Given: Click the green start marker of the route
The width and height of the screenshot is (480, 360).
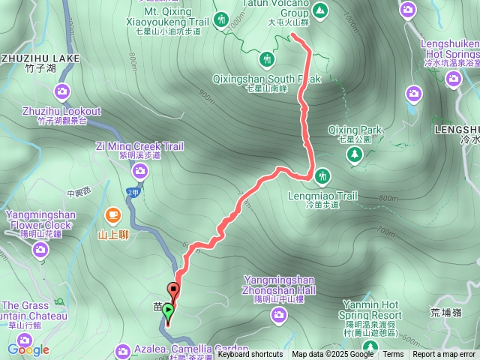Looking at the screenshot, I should [x=167, y=309].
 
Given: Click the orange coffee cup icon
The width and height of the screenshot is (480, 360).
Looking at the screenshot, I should [x=112, y=216].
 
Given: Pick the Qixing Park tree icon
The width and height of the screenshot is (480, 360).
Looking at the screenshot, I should [x=354, y=154].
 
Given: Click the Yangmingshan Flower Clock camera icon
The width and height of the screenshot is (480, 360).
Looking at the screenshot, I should [x=40, y=249].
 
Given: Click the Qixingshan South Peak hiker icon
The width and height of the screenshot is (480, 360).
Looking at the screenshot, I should [x=268, y=58].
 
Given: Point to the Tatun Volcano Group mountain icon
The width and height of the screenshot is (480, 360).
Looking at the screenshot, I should [x=320, y=10].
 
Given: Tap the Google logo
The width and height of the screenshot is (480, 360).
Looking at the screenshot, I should [x=28, y=349].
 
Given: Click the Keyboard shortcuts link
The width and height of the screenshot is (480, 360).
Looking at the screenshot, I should [x=250, y=355].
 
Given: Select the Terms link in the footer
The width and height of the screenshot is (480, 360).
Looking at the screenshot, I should [x=393, y=355].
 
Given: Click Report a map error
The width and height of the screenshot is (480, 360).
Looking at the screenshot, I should [x=445, y=355].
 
